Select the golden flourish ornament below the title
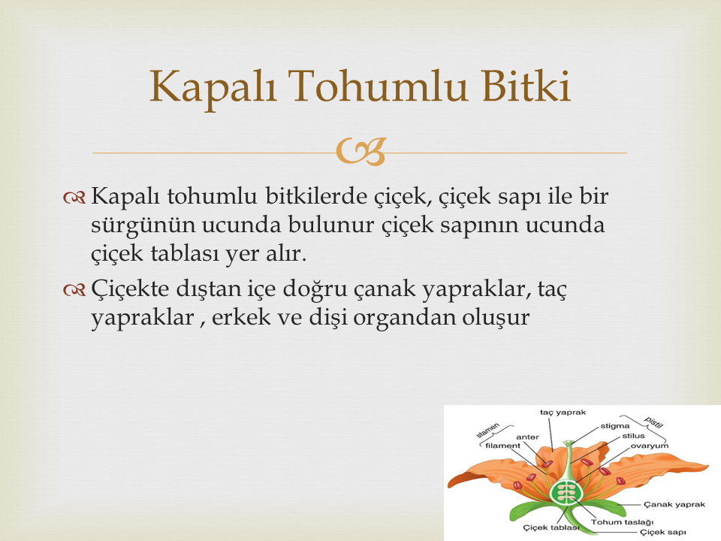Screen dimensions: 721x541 point(360,151)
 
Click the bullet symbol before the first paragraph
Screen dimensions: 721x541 point(74,198)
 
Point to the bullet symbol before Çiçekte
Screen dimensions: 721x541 point(74,290)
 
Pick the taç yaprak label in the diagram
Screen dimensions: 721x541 point(563,413)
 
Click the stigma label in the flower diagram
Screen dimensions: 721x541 point(615,426)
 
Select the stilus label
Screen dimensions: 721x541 point(633,436)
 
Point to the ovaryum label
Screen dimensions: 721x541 point(649,446)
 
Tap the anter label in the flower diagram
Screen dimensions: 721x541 point(527,437)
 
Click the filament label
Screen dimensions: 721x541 point(502,446)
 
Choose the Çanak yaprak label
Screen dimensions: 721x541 point(674,505)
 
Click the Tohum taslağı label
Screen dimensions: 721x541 point(622,522)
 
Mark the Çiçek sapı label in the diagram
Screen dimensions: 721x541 point(662,532)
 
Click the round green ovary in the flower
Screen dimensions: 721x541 point(566,493)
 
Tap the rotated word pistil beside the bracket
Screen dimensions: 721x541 point(653,422)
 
